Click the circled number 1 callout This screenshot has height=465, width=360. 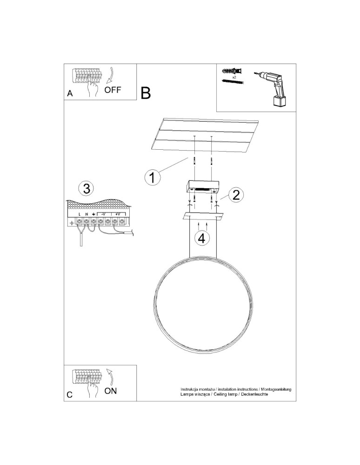(152, 177)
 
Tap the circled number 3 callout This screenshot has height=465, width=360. (86, 188)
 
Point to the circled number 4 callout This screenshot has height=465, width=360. (201, 238)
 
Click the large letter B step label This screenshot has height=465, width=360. (146, 93)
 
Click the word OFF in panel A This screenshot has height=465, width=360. (112, 90)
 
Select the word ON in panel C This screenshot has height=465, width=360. (111, 391)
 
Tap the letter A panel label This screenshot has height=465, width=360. (70, 93)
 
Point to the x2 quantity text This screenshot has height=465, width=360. (234, 77)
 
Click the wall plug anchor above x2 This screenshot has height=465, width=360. (230, 71)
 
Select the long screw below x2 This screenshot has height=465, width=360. (233, 82)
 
